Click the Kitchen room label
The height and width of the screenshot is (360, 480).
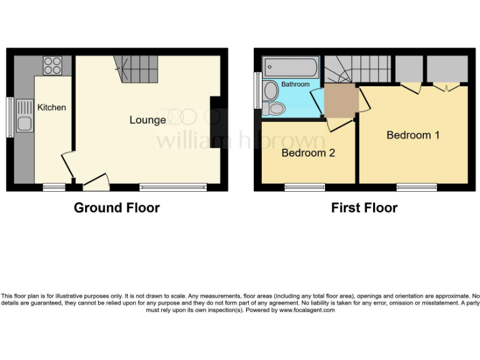(x=51, y=107)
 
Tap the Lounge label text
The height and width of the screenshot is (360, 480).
(x=147, y=120)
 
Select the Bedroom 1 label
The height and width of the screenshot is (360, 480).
(x=412, y=135)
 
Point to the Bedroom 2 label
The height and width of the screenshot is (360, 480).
(x=308, y=152)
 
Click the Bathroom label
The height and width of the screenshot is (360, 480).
(x=295, y=84)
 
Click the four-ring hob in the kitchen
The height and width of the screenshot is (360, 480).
(x=52, y=66)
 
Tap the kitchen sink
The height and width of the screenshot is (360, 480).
(x=25, y=123)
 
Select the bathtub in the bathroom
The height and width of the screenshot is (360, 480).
(x=291, y=66)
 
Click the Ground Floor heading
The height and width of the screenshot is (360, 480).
(x=117, y=208)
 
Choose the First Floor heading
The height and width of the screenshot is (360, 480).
(x=364, y=208)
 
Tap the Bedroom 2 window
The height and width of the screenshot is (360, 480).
(x=304, y=186)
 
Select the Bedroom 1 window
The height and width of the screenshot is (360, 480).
(x=416, y=186)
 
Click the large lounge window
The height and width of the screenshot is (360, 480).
(x=172, y=186)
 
